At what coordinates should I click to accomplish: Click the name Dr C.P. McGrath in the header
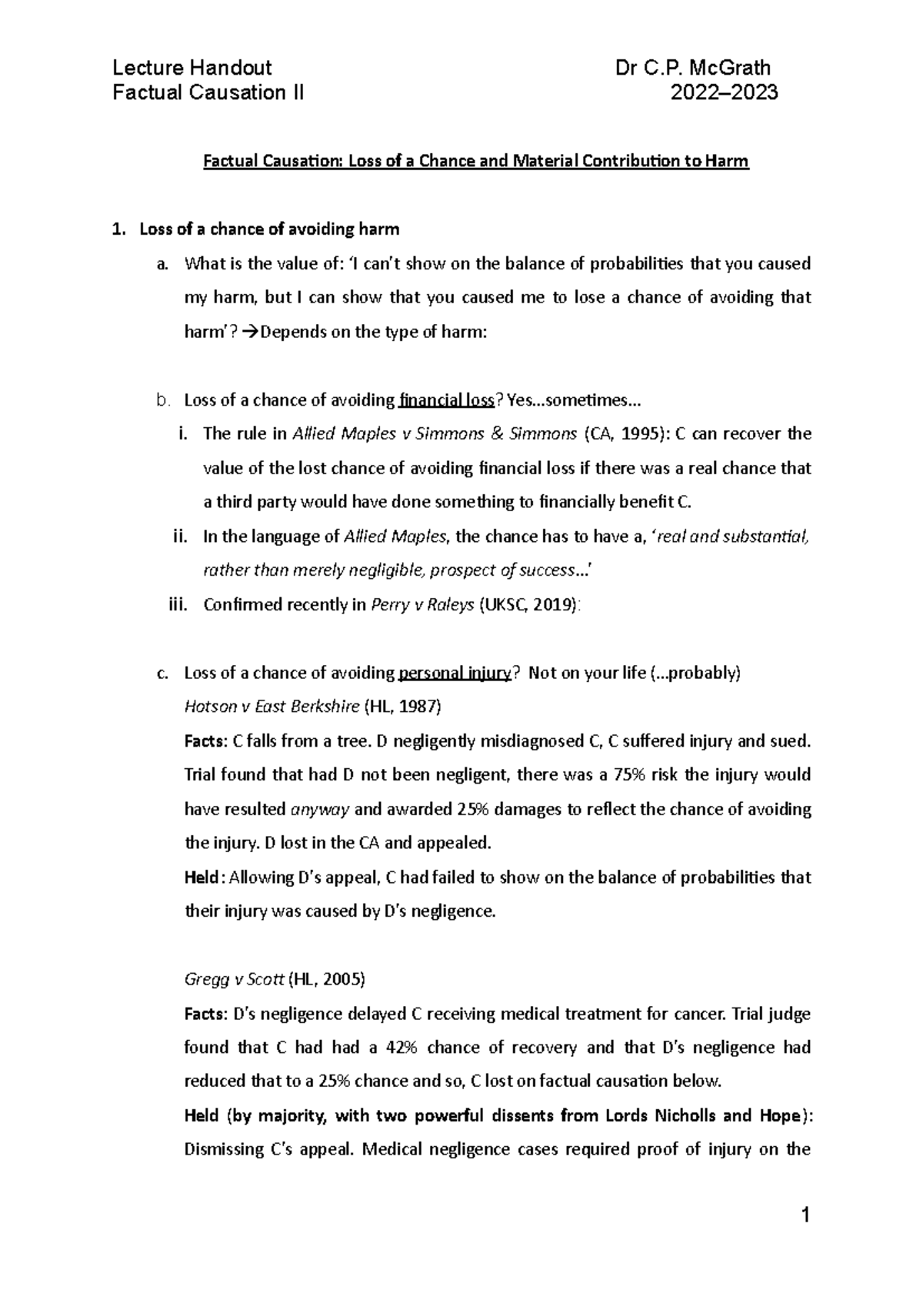(692, 68)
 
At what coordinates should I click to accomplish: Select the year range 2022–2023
(725, 93)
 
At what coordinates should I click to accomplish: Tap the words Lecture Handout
(192, 68)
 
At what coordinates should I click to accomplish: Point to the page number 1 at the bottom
(805, 1217)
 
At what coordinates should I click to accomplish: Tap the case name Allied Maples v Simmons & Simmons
(435, 434)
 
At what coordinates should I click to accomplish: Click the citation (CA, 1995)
(628, 434)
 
